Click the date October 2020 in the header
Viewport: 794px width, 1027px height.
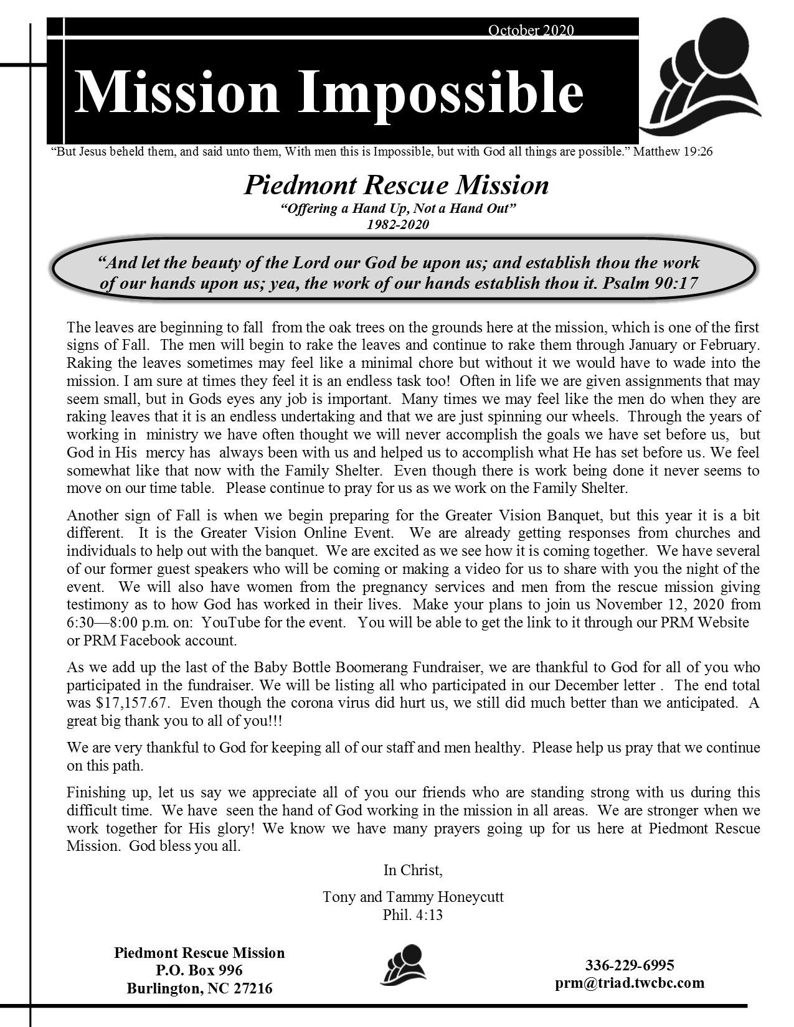tap(531, 30)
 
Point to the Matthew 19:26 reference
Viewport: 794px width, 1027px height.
tap(673, 151)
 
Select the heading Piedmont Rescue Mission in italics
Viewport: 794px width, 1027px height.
tap(396, 185)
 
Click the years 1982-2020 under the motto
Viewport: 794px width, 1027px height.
tap(398, 225)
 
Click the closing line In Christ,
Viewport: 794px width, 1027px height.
tap(413, 870)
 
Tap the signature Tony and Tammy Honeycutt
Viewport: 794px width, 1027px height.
tap(413, 897)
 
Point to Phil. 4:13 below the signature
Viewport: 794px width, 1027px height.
tap(413, 915)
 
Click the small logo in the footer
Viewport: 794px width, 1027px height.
tap(403, 965)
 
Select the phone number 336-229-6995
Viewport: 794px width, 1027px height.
tap(630, 965)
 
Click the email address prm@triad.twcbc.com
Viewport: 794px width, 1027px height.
tap(630, 983)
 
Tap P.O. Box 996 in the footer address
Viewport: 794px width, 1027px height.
tap(199, 970)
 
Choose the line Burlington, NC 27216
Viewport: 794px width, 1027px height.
tap(199, 988)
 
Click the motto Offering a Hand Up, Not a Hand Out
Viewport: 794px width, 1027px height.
tap(398, 208)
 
